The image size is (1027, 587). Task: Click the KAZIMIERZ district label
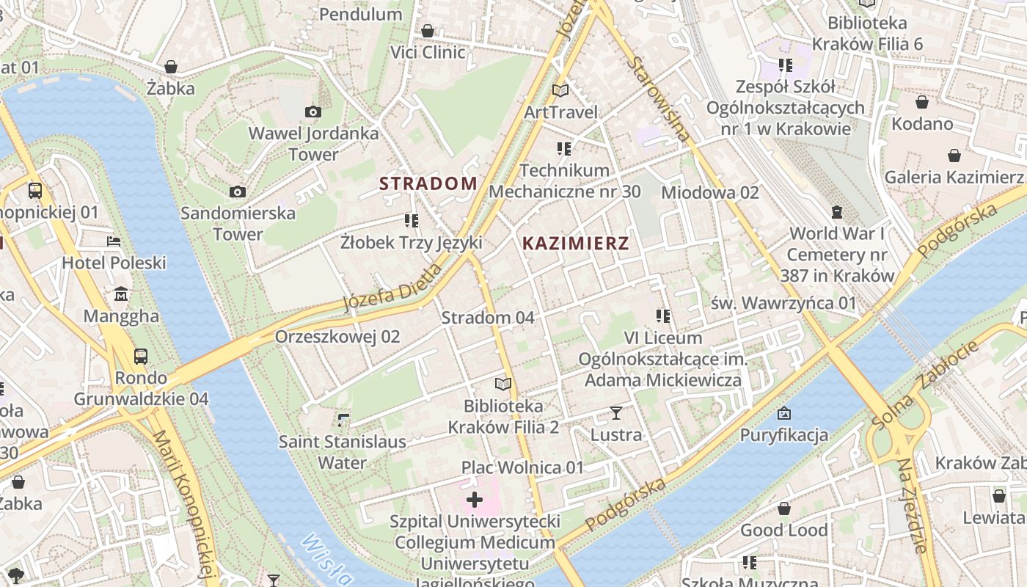click(x=576, y=244)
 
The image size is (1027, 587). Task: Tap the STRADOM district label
click(x=428, y=183)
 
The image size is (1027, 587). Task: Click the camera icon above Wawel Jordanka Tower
click(x=313, y=112)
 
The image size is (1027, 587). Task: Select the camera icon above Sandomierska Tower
click(x=238, y=192)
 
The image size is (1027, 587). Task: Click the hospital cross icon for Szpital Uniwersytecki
click(x=475, y=500)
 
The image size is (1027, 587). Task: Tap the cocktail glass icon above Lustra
click(x=616, y=413)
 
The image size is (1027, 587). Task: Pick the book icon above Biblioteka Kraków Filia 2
click(x=502, y=384)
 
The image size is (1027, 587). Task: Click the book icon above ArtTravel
click(x=560, y=90)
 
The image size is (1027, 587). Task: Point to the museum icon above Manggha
click(x=121, y=294)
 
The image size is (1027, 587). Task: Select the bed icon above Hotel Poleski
click(x=114, y=241)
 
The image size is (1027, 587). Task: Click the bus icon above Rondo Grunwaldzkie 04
click(x=141, y=357)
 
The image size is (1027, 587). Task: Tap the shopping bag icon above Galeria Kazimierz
click(x=954, y=156)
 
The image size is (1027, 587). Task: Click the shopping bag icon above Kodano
click(x=922, y=102)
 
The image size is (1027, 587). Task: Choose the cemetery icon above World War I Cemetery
click(x=837, y=212)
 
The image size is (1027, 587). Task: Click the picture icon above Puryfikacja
click(x=783, y=413)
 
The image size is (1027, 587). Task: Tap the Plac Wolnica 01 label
click(x=522, y=467)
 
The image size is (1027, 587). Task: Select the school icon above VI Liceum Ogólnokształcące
click(x=663, y=316)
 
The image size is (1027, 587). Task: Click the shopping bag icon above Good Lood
click(x=784, y=508)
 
